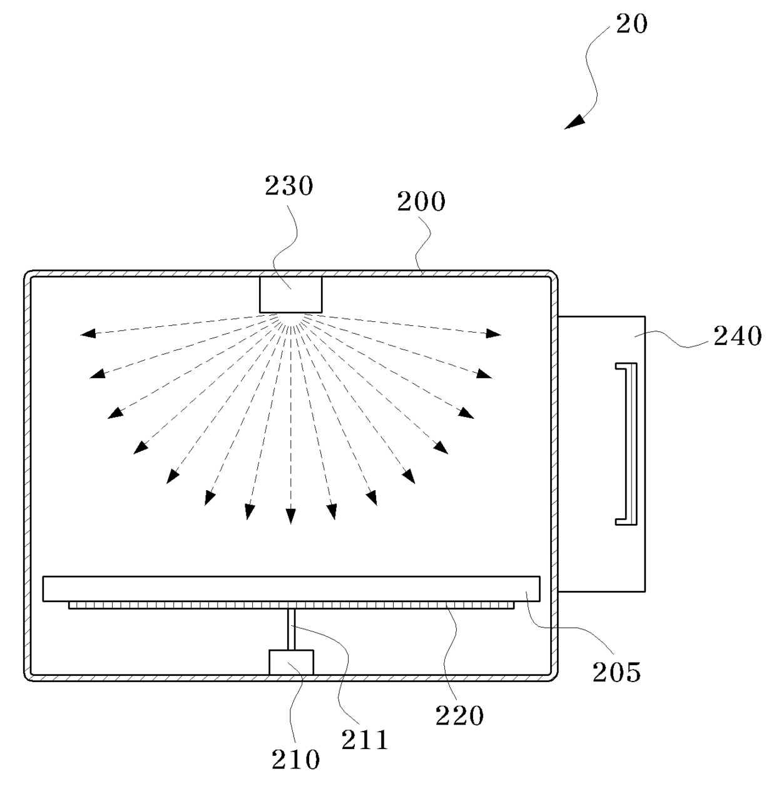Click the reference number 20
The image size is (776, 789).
tap(631, 24)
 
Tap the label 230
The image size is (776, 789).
tap(288, 186)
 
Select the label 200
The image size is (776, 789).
tap(421, 202)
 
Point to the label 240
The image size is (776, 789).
tap(738, 336)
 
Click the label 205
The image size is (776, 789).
tap(616, 671)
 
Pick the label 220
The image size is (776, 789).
tap(460, 715)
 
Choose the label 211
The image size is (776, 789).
tap(365, 740)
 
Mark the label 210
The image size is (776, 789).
tap(295, 760)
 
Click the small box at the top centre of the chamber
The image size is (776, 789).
tap(291, 294)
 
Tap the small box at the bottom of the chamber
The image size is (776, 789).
tap(291, 662)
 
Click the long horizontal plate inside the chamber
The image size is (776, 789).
tap(291, 589)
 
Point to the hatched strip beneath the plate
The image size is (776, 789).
tap(291, 605)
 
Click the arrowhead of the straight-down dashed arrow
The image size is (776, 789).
tap(290, 516)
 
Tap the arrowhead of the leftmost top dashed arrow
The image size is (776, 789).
tap(87, 334)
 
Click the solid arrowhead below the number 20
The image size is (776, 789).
tap(574, 121)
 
